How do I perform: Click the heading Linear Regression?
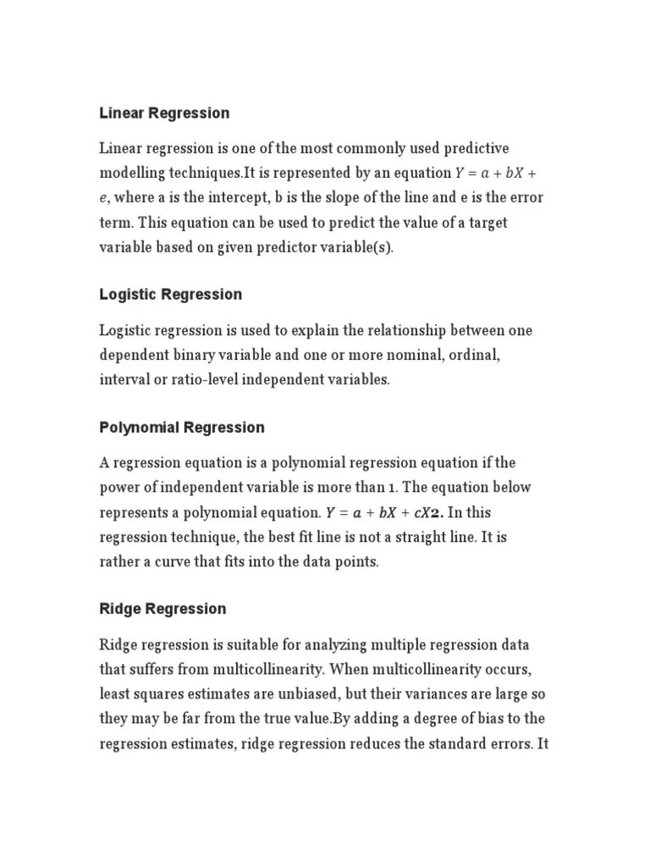pyautogui.click(x=164, y=113)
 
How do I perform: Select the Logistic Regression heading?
pyautogui.click(x=170, y=295)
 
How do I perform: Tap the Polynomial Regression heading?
pyautogui.click(x=182, y=428)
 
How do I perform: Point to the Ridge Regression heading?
pyautogui.click(x=162, y=609)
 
